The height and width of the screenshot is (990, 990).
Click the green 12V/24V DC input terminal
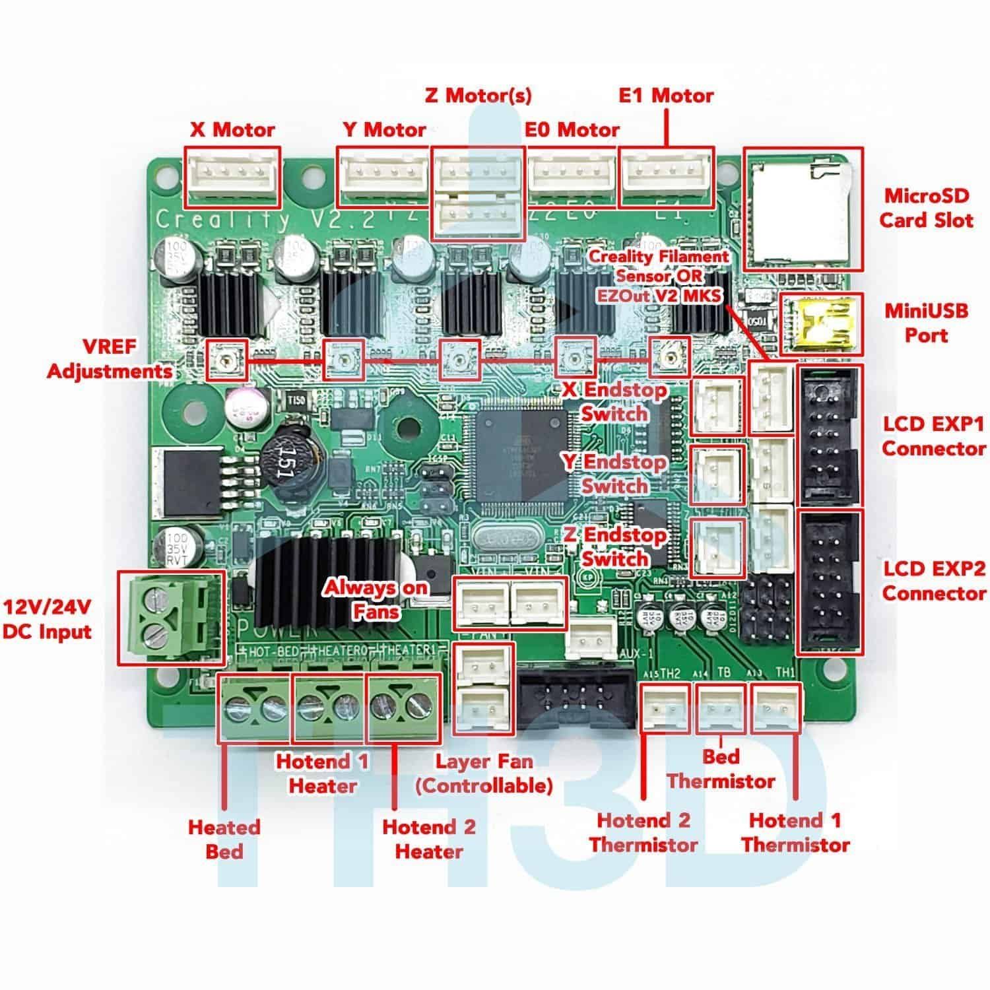(170, 617)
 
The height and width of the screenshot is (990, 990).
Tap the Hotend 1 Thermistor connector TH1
(777, 709)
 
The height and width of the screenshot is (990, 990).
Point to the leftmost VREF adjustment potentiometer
(228, 360)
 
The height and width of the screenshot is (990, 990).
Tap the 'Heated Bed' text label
(224, 839)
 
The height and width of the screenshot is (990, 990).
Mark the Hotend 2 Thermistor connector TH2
(665, 709)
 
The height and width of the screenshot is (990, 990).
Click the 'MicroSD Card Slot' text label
(926, 207)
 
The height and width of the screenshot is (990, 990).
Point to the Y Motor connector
(383, 176)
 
